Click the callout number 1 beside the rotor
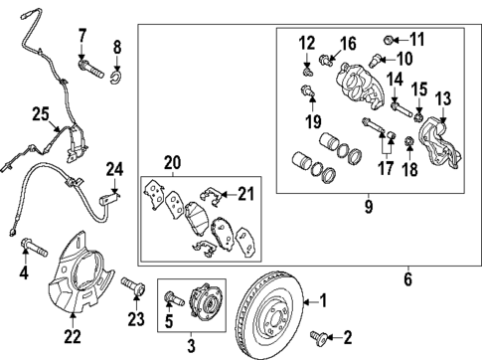click(x=321, y=297)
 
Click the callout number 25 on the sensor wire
click(x=39, y=116)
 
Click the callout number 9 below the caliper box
click(x=367, y=207)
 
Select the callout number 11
click(x=414, y=39)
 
